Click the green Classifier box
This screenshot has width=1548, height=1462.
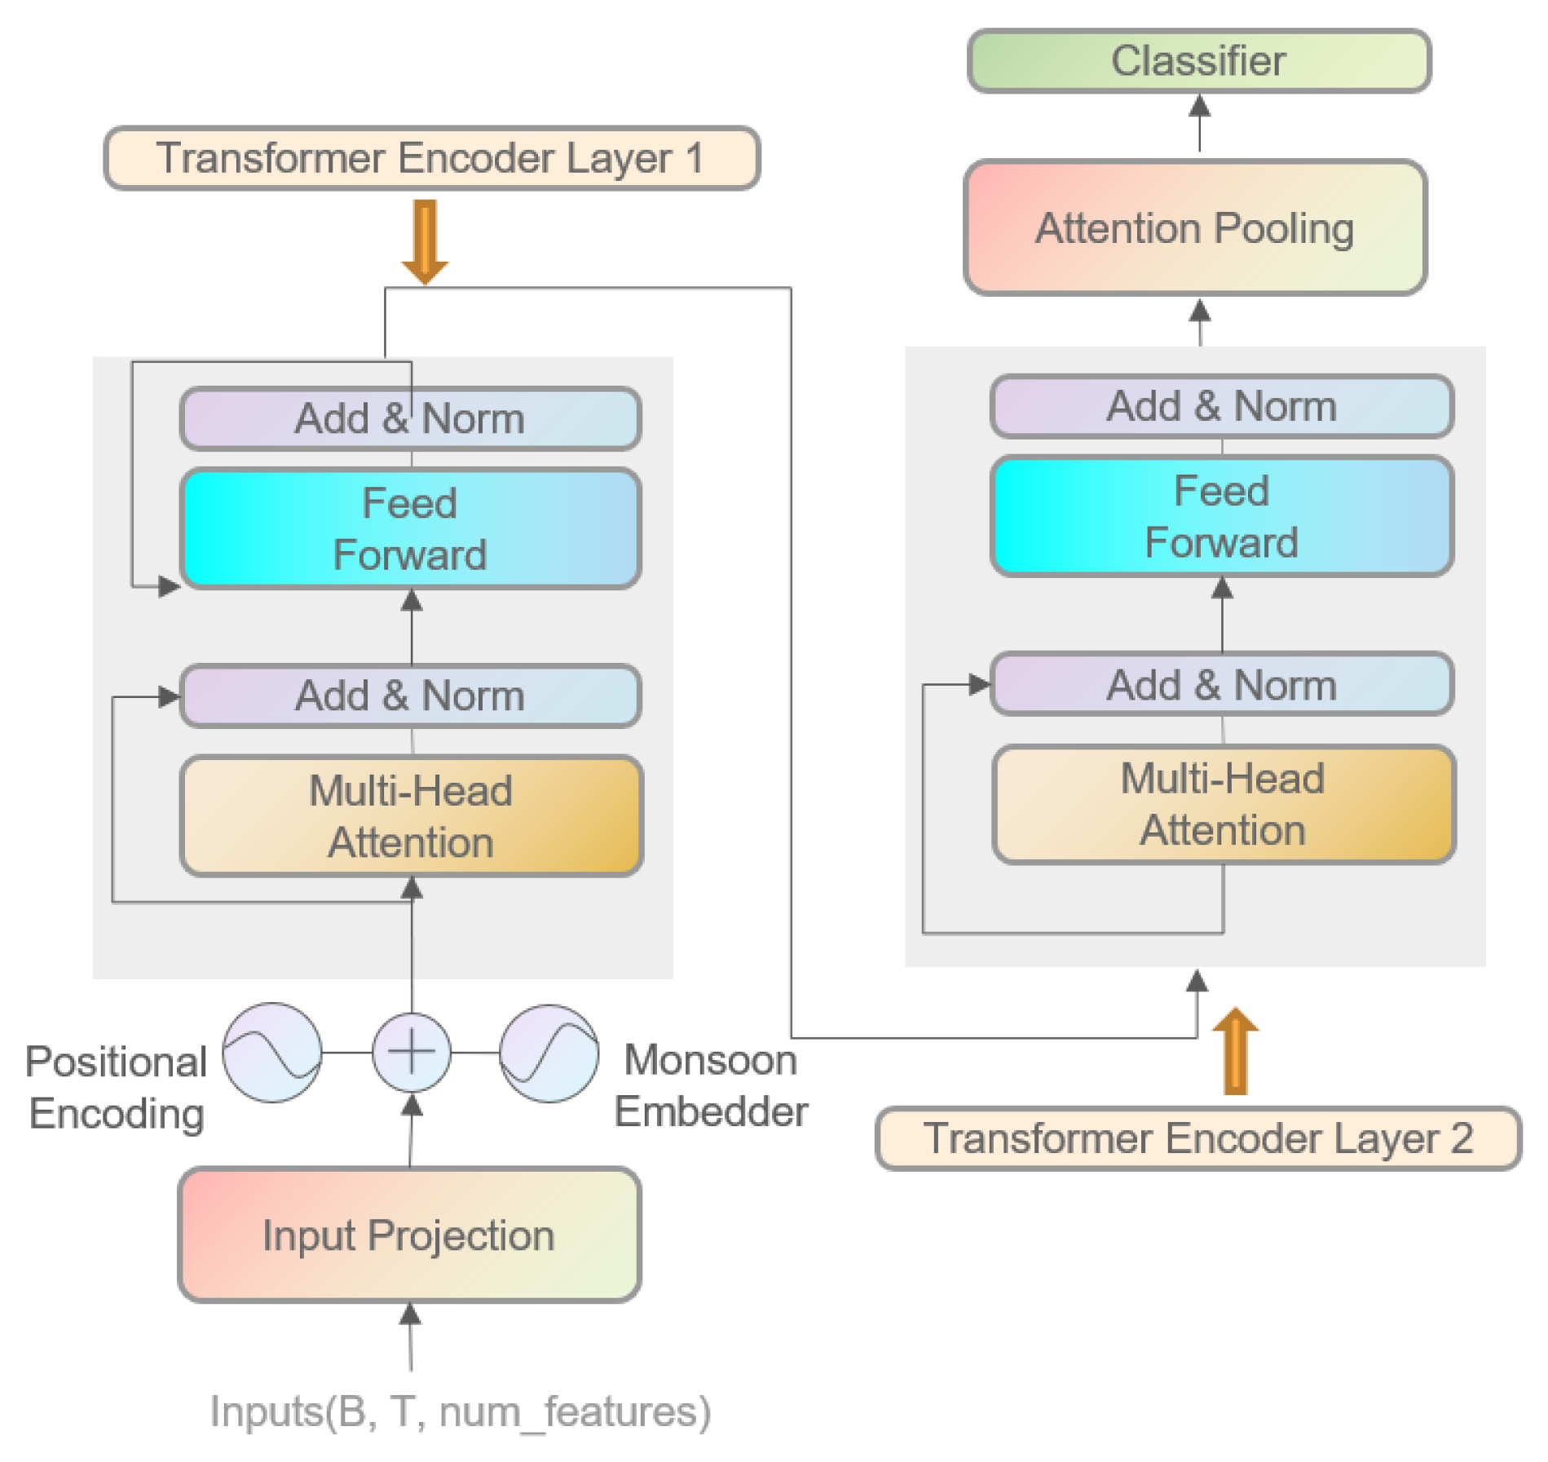1198,61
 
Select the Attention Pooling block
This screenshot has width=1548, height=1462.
1194,227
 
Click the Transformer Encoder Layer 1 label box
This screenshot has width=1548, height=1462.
431,158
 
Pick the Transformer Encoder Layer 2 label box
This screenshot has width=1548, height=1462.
1197,1137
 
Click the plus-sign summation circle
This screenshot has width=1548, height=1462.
412,1052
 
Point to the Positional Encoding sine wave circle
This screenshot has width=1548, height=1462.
272,1052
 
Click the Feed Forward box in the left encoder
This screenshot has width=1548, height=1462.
410,528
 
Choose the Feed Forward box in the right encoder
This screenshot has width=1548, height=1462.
1221,516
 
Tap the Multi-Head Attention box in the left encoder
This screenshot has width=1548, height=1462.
411,815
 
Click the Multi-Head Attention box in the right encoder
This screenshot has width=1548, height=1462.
1223,803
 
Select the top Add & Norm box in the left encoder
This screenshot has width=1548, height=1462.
410,418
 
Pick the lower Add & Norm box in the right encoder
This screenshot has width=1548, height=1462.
1221,684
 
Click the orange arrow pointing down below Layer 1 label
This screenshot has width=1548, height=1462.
425,241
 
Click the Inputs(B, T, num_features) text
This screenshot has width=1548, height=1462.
461,1411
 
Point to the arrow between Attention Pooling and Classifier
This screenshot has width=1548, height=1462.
1199,122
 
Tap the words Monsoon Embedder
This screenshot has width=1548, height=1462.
711,1085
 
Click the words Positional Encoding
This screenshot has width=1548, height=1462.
117,1087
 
